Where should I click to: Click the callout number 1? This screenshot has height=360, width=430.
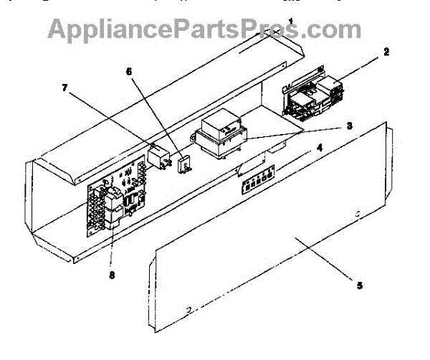(x=290, y=22)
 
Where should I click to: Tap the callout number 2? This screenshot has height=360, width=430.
(x=386, y=52)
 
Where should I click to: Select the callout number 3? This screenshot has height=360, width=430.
(x=349, y=125)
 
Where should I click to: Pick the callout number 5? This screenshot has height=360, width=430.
(x=360, y=285)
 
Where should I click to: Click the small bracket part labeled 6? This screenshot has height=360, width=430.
(x=183, y=164)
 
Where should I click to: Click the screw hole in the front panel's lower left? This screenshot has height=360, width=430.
(x=188, y=311)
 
